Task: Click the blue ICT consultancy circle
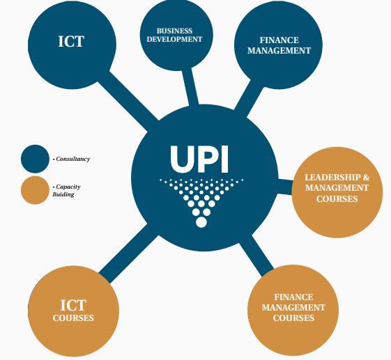point(72,45)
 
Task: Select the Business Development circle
point(176,34)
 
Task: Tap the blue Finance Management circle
point(278,45)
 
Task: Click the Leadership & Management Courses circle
point(337,192)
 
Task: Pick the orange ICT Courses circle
point(74,311)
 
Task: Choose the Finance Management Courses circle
point(293,310)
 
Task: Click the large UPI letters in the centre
point(199,159)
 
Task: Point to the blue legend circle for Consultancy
point(35,159)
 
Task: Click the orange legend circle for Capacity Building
point(35,190)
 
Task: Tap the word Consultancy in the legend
point(72,159)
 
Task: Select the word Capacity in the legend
point(68,187)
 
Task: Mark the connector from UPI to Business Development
point(190,87)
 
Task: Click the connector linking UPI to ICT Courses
point(129,253)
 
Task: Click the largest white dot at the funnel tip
point(201,222)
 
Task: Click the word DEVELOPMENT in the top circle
point(174,40)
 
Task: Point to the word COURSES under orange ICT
point(73,318)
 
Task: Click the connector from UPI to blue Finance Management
point(249,98)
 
